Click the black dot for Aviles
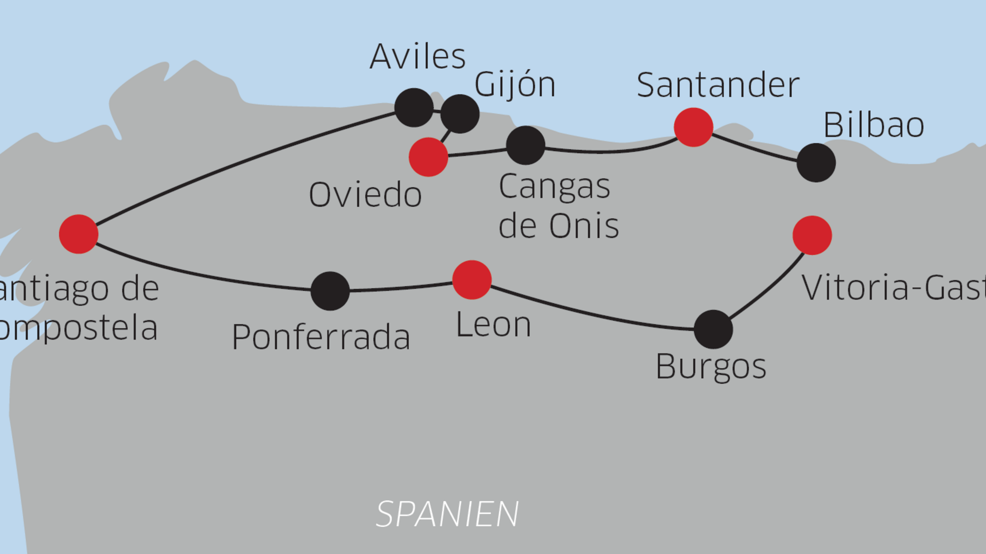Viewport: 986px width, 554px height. pos(414,108)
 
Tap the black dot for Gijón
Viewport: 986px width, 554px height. pos(460,113)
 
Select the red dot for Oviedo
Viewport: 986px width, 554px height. pos(428,157)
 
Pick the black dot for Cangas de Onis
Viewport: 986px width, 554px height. pos(525,145)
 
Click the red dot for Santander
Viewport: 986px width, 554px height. pos(693,127)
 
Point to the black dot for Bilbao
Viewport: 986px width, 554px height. pos(816,163)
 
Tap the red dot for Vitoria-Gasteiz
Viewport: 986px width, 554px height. pos(812,235)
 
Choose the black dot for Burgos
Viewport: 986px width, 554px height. pos(713,329)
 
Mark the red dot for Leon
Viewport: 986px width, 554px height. pos(472,280)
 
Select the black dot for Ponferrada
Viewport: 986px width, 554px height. pos(330,291)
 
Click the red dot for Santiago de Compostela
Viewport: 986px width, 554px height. pos(79,234)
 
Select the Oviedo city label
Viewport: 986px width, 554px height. pos(365,195)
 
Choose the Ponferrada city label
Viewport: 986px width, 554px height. pos(321,337)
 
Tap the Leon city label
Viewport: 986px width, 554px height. pos(494,325)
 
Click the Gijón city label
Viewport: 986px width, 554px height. pos(515,85)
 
